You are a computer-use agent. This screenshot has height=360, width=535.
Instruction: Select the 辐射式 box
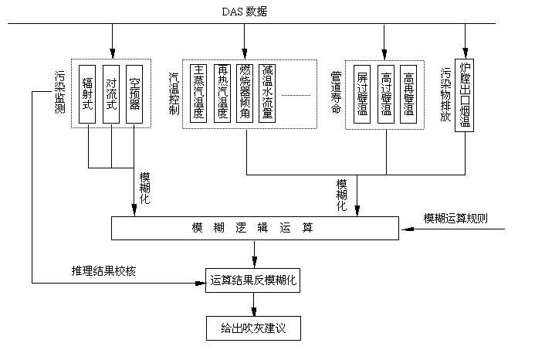(x=87, y=93)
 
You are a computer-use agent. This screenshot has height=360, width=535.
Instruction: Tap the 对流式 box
(x=111, y=93)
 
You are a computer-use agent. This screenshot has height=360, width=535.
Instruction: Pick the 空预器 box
(x=134, y=93)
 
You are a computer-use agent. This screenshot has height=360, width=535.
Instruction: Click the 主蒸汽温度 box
(x=199, y=93)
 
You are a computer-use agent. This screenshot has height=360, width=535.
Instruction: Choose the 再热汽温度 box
(x=222, y=93)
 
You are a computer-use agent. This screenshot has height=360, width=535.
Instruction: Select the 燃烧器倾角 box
(x=245, y=93)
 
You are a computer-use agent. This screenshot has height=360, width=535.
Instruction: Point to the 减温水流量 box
(x=268, y=93)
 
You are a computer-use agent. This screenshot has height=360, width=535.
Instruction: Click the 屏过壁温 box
(x=362, y=93)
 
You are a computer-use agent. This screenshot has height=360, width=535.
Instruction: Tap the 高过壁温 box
(x=386, y=93)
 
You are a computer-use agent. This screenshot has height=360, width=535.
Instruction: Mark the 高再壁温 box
(x=408, y=93)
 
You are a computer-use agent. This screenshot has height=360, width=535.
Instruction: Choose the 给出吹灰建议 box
(x=253, y=328)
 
